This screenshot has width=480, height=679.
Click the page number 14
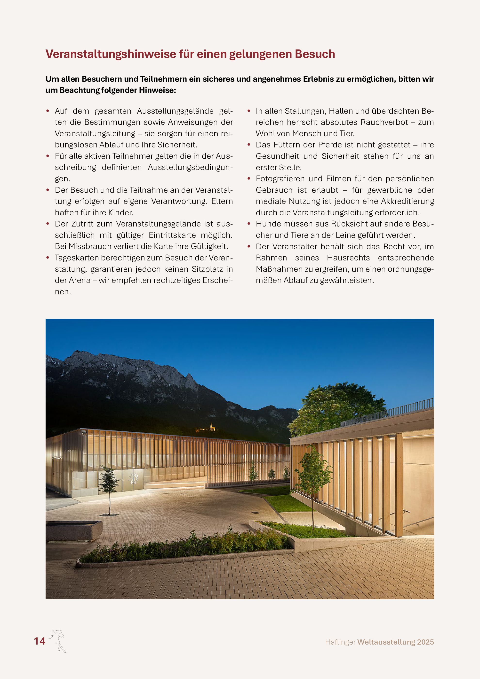[x=40, y=641]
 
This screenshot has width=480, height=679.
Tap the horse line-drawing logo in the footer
[x=58, y=640]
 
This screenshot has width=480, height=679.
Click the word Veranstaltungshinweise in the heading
[x=110, y=54]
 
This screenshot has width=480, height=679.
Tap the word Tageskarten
[x=77, y=258]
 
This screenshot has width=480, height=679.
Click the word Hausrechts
[x=348, y=258]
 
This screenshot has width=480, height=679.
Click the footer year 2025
[x=425, y=642]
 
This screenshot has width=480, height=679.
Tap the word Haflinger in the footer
[x=340, y=642]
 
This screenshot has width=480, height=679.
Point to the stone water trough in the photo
[x=74, y=531]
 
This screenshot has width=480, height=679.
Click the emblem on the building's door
[x=135, y=478]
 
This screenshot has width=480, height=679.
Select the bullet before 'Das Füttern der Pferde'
[x=249, y=145]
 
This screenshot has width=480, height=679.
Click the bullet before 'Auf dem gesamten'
[x=48, y=111]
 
